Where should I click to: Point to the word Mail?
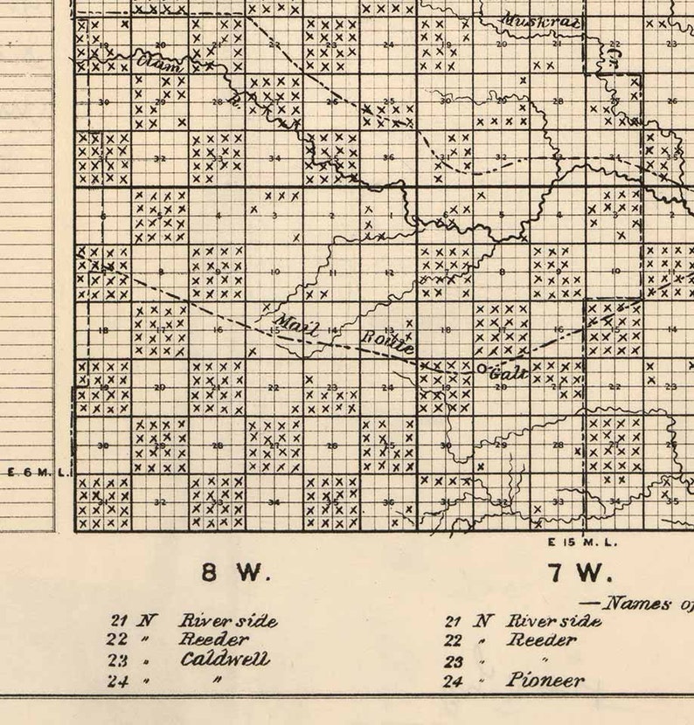(296, 323)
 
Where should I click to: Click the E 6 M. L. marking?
(37, 472)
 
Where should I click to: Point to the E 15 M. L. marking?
(582, 542)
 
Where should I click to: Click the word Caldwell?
(225, 659)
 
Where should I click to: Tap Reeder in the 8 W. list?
(214, 639)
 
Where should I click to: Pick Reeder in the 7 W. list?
(542, 640)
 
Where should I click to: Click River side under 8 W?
(228, 621)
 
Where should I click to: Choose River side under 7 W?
(555, 621)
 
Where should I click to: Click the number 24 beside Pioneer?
(453, 681)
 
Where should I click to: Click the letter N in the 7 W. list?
(482, 621)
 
